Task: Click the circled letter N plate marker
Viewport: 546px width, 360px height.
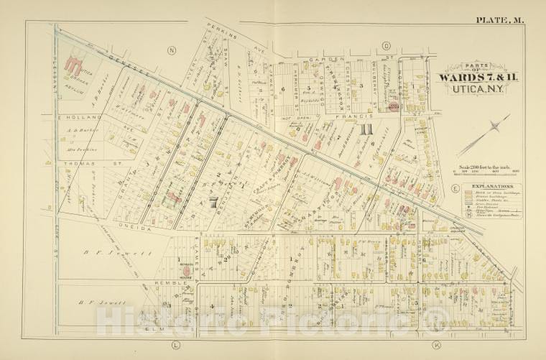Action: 171,50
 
